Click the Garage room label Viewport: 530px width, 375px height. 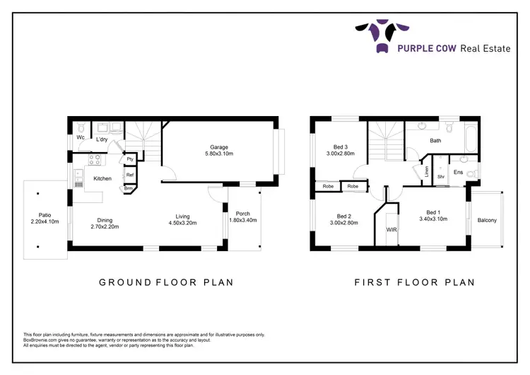coord(218,147)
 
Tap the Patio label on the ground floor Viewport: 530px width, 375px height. coord(47,215)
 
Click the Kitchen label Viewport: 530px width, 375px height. coord(102,178)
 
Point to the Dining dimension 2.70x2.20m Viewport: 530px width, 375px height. coord(105,226)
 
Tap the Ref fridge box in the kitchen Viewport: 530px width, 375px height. coord(130,175)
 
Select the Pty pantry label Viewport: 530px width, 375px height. coord(130,160)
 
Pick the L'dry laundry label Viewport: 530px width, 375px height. coord(102,140)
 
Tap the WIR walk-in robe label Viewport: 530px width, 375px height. coord(391,230)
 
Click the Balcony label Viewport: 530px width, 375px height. coord(487,220)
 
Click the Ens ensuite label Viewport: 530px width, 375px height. coord(458,172)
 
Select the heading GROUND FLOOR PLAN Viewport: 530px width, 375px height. coord(166,282)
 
